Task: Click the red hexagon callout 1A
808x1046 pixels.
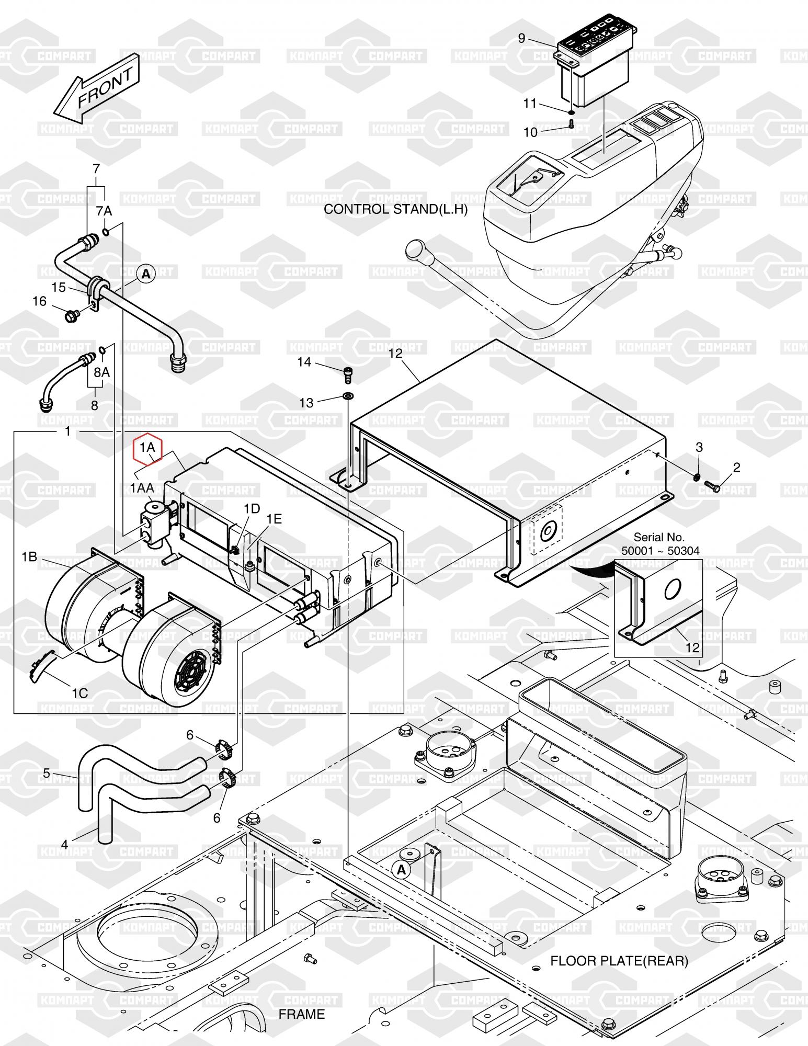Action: tap(148, 448)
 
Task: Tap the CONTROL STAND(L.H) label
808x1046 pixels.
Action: tap(395, 209)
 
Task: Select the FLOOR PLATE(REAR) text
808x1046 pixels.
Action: tap(619, 961)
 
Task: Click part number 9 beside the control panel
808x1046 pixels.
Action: tap(521, 38)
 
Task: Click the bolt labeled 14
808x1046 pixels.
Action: tap(348, 373)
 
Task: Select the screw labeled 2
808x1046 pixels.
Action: tap(712, 486)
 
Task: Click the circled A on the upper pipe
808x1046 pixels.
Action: tap(146, 274)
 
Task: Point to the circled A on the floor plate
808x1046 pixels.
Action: tap(401, 869)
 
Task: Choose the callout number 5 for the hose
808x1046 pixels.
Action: tap(46, 772)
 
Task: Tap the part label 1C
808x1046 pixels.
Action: tap(79, 693)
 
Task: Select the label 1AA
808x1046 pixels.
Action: tap(142, 487)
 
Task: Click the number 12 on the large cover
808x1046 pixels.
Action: tap(396, 354)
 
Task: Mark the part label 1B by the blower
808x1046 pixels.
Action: tap(29, 557)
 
